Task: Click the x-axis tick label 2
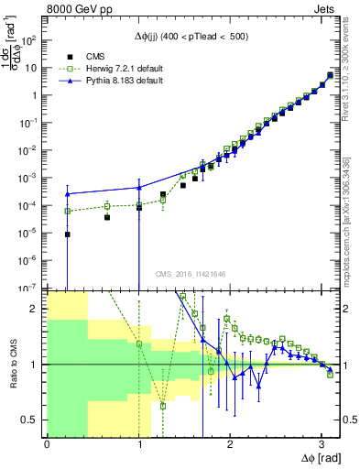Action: (229, 444)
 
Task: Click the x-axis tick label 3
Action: (321, 444)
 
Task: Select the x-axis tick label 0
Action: (47, 444)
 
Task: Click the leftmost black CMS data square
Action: (68, 234)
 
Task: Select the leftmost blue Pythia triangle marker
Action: (68, 193)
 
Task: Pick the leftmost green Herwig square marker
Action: (68, 211)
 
